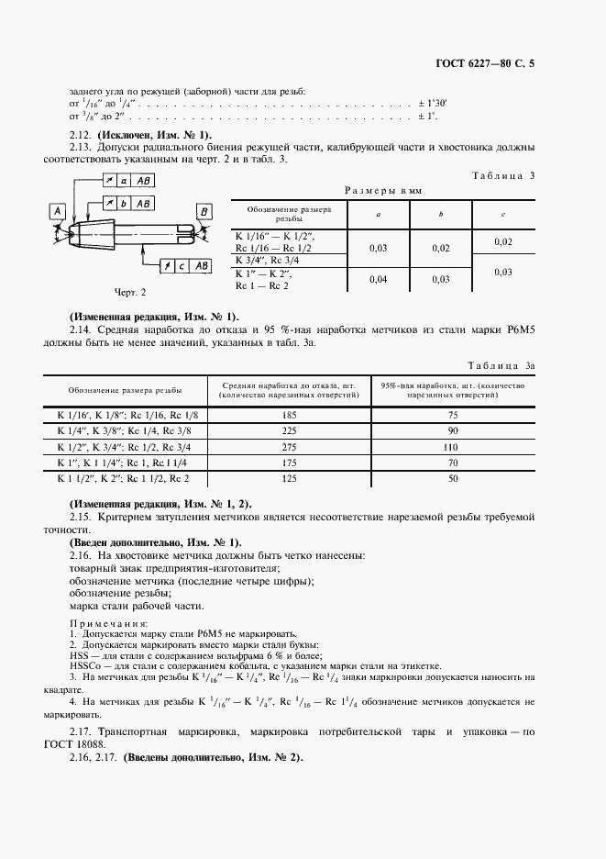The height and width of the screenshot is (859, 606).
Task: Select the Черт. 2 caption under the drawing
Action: click(129, 292)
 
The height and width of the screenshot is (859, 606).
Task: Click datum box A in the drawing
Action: click(57, 212)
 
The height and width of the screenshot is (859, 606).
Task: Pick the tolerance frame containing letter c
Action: click(185, 265)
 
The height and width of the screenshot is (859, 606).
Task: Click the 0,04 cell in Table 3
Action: click(376, 279)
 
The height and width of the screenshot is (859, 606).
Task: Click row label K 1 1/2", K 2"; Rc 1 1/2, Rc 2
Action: click(123, 478)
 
